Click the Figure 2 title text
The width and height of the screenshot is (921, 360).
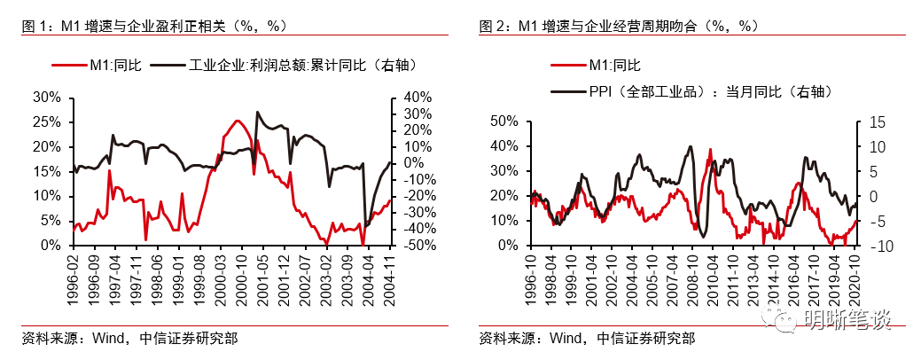619,26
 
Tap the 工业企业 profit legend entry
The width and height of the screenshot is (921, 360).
284,65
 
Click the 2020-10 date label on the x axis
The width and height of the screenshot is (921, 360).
855,278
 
